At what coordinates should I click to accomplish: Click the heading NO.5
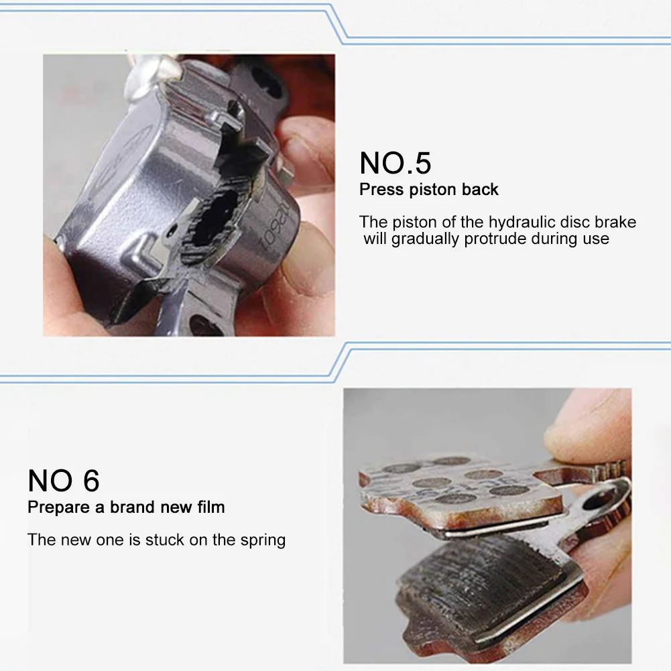click(395, 163)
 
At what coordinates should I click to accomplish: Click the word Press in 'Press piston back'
click(381, 189)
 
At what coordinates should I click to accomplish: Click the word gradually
click(425, 239)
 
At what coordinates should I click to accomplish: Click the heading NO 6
click(64, 481)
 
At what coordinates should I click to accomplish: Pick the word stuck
click(165, 540)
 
